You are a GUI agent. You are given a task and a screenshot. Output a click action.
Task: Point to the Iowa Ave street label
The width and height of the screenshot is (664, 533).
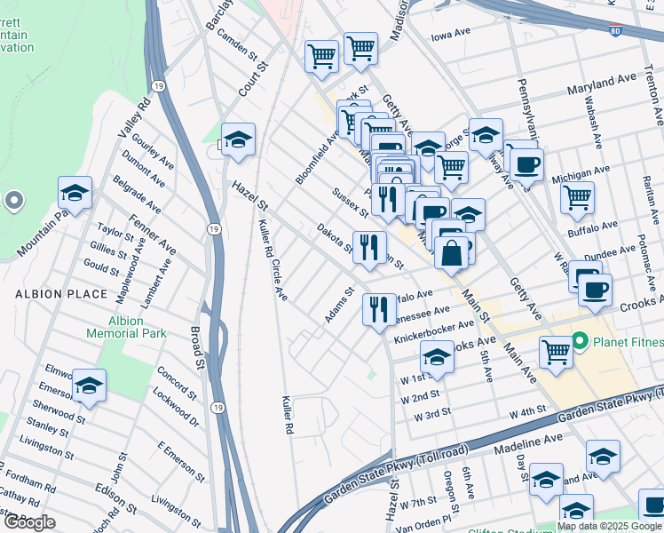[450, 37]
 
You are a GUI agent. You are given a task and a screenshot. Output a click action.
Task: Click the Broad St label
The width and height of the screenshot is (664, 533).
[195, 347]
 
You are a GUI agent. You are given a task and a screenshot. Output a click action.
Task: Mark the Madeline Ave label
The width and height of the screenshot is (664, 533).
[528, 442]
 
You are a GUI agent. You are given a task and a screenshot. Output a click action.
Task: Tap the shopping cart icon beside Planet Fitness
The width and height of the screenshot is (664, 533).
[556, 352]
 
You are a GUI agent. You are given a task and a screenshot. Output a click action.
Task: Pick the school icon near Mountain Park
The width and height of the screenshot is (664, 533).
[75, 192]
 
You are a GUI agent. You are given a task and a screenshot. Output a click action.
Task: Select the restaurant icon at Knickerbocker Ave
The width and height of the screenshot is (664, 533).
[380, 309]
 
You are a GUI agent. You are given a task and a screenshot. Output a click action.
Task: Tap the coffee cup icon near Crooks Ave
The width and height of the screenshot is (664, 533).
[594, 288]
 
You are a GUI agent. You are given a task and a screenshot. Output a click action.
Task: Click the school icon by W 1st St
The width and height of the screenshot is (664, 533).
[437, 358]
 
